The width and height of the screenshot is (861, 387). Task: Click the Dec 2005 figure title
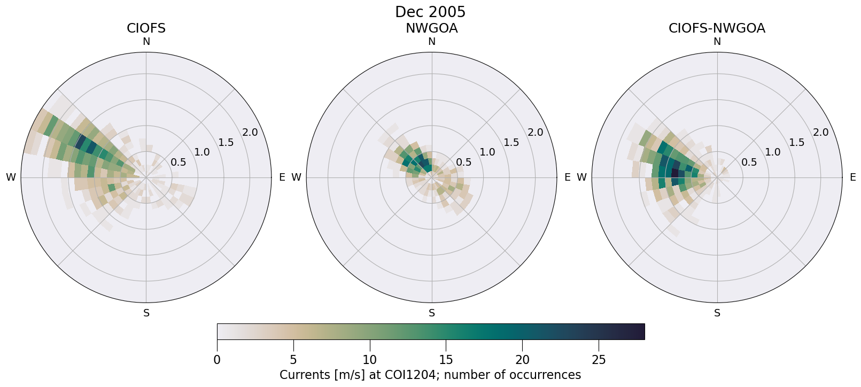(x=430, y=12)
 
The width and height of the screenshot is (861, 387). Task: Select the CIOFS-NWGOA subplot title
(x=717, y=28)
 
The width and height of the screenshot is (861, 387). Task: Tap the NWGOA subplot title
(x=431, y=28)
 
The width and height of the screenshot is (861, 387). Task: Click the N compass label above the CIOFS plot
(x=146, y=42)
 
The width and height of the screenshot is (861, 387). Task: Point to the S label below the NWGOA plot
(x=432, y=313)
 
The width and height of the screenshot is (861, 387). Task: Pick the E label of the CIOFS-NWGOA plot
(x=853, y=177)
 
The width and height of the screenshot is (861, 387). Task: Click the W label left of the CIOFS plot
(x=11, y=177)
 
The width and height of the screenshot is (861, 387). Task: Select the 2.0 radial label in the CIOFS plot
(x=250, y=133)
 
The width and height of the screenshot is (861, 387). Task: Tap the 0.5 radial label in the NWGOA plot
(x=464, y=162)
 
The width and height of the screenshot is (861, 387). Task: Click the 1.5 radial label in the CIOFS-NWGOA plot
(x=797, y=142)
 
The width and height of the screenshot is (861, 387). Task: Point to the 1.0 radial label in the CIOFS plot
(x=202, y=152)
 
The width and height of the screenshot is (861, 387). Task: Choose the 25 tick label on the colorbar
(x=599, y=360)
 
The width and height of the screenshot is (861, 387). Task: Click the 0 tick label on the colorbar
(x=217, y=360)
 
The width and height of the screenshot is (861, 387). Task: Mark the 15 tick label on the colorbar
(x=446, y=360)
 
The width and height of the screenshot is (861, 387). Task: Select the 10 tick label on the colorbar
(x=369, y=360)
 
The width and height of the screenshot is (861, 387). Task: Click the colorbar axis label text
(x=430, y=375)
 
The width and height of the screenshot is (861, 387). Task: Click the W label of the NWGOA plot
(x=296, y=177)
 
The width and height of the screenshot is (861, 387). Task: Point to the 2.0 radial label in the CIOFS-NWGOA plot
(x=821, y=133)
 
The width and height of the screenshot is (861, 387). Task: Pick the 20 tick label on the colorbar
(x=522, y=360)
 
